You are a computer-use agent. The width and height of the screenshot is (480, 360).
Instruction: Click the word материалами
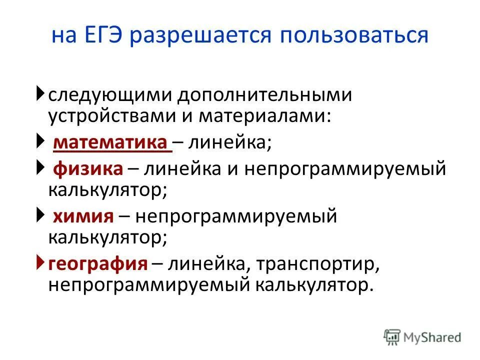[264, 116]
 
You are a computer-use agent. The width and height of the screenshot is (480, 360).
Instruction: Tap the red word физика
[87, 169]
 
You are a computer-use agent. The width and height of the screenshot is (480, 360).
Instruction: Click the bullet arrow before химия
[40, 215]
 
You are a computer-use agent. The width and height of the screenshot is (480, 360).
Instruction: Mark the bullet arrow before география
[40, 262]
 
